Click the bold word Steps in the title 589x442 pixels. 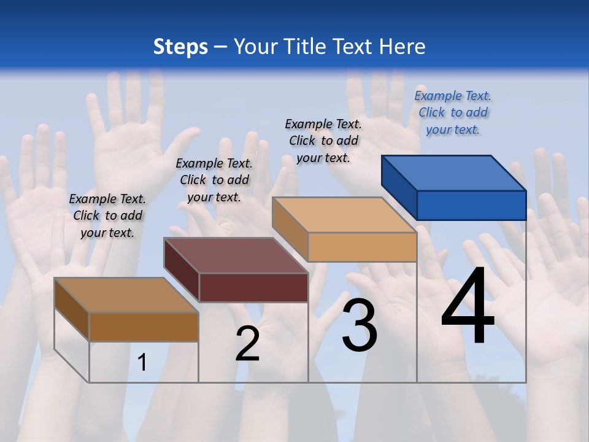(180, 47)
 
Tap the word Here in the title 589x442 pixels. (402, 47)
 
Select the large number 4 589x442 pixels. (468, 308)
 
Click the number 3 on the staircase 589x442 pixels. (360, 325)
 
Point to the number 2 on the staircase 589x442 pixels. (247, 344)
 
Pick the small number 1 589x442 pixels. (142, 362)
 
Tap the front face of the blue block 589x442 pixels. (471, 205)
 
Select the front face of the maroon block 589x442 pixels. (253, 287)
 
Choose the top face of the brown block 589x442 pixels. (126, 295)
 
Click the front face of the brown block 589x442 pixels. (144, 327)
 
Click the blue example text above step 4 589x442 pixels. (453, 112)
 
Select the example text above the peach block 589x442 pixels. (323, 141)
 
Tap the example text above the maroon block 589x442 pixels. (214, 180)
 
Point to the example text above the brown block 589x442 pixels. (107, 215)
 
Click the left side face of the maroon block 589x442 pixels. (182, 270)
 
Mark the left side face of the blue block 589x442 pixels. (399, 187)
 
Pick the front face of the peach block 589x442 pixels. (362, 247)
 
